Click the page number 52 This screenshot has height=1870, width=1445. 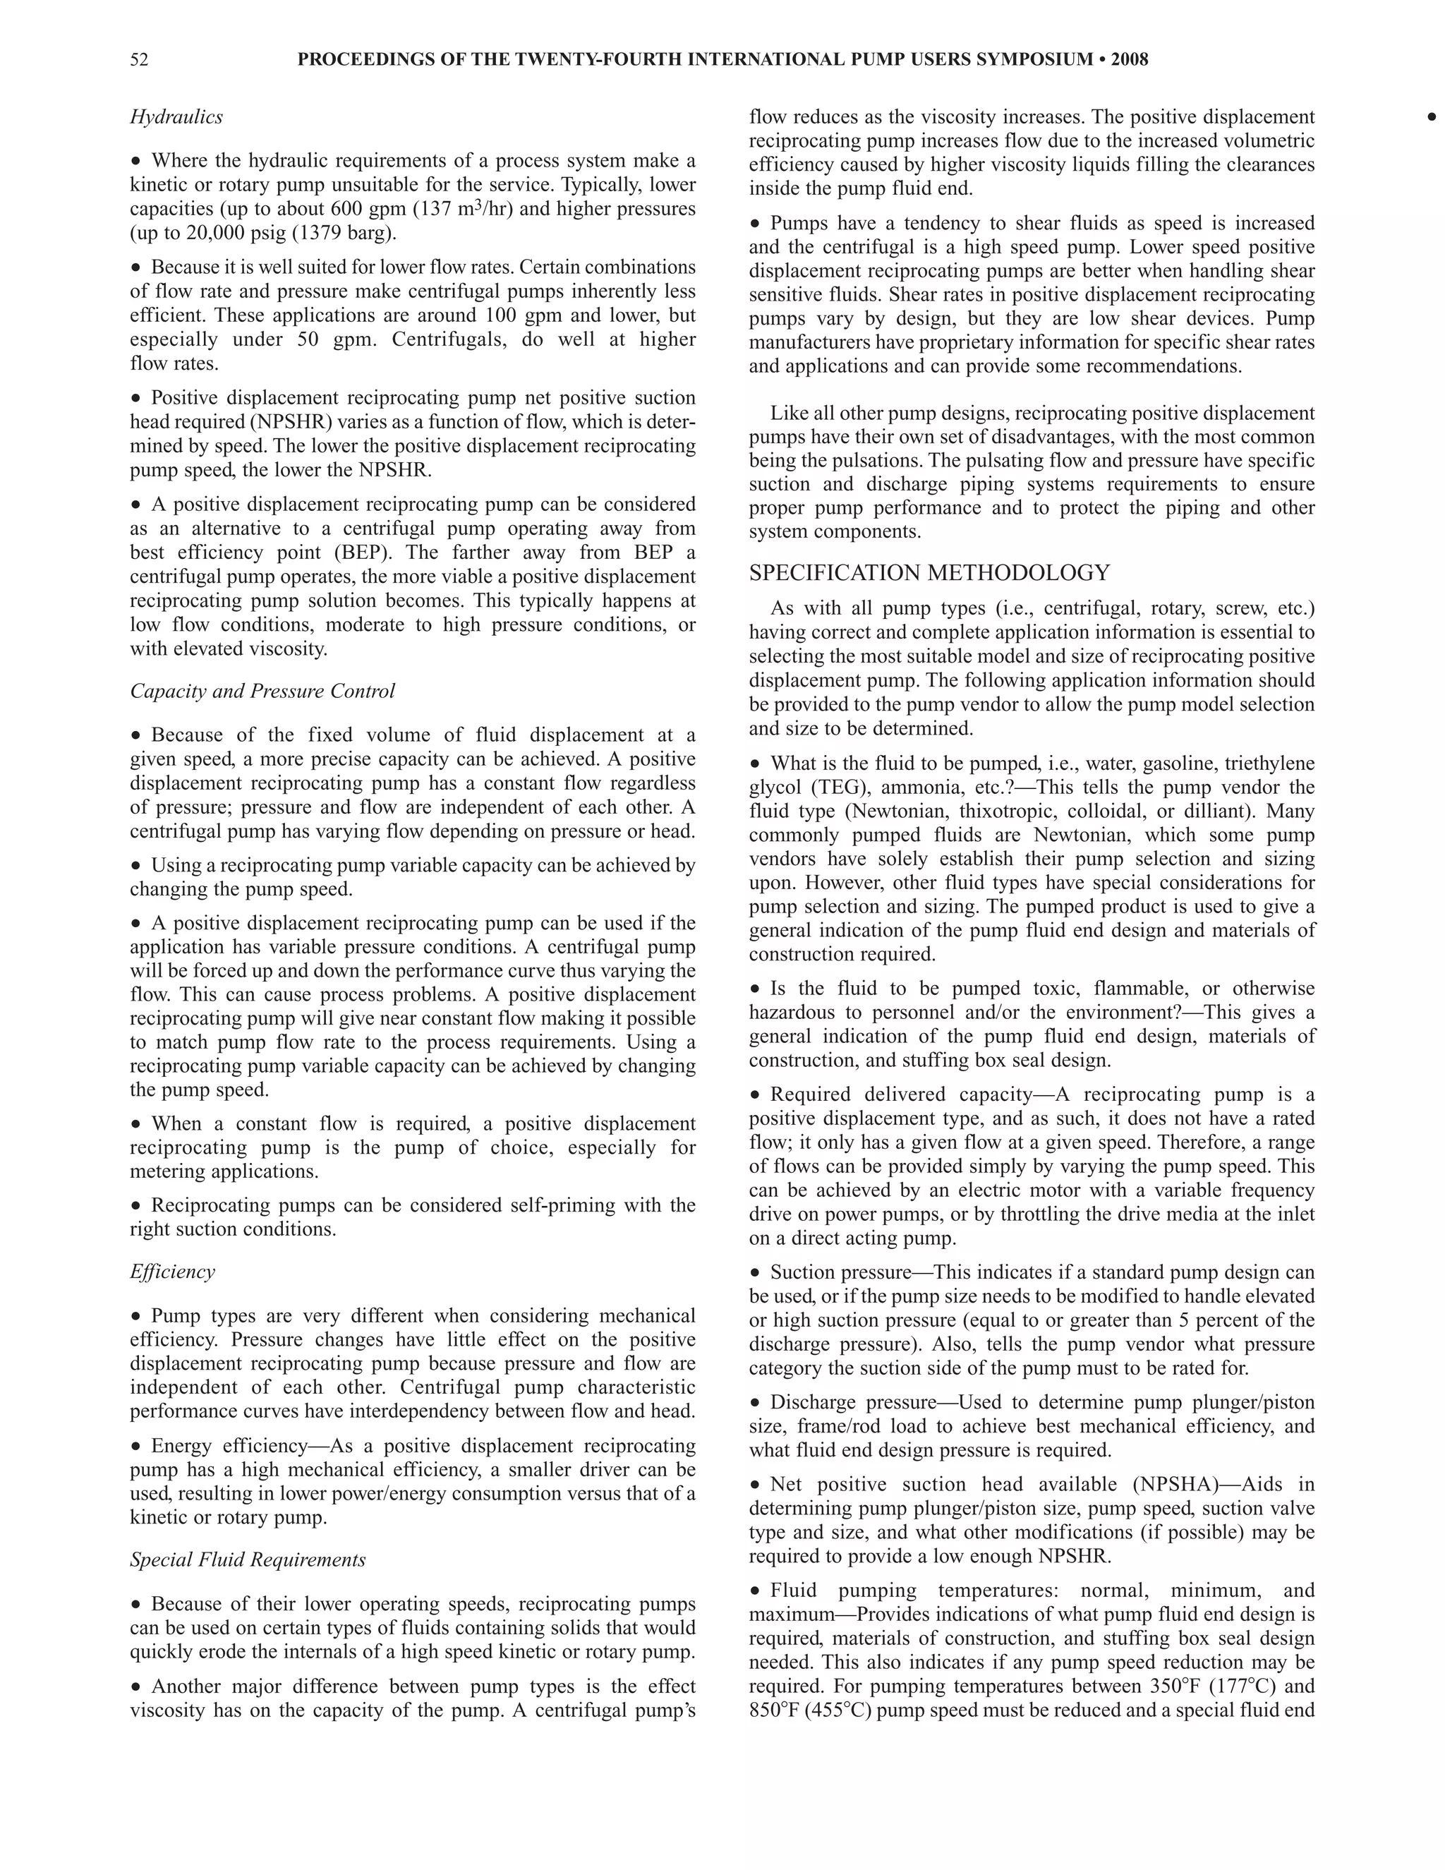point(139,60)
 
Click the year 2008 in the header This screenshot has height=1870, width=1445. point(1129,60)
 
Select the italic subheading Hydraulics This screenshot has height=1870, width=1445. point(176,117)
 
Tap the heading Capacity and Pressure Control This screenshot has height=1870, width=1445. point(262,691)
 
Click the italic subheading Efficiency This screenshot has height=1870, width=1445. point(172,1272)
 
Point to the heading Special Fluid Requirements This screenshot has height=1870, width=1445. point(248,1560)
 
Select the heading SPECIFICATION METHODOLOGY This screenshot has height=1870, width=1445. point(929,573)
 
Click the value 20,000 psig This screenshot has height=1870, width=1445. point(229,233)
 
